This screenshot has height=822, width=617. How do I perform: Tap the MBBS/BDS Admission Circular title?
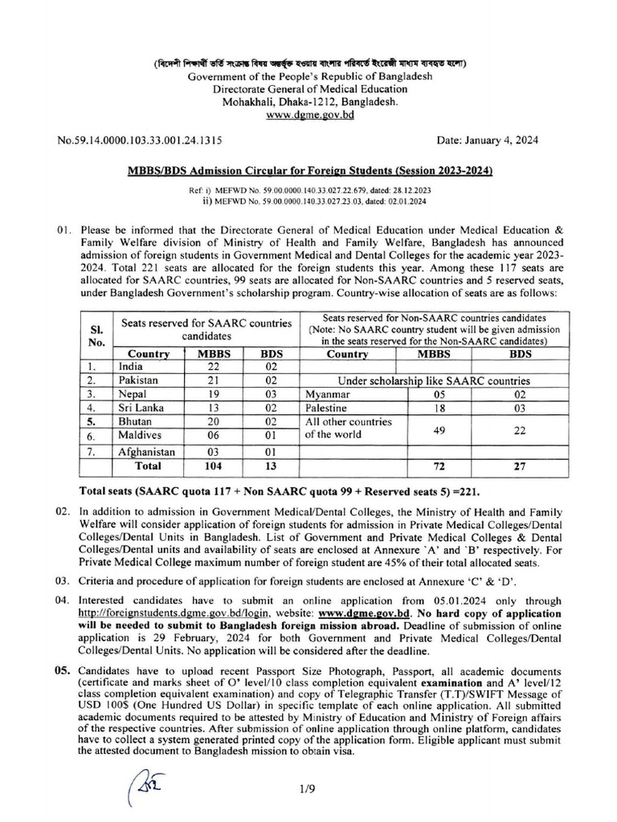pyautogui.click(x=309, y=172)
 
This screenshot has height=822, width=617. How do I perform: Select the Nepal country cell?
pyautogui.click(x=132, y=394)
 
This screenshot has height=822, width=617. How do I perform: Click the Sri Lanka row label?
pyautogui.click(x=137, y=408)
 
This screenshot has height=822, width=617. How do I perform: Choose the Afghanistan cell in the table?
pyautogui.click(x=146, y=452)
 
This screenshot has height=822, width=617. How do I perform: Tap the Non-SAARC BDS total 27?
pyautogui.click(x=520, y=466)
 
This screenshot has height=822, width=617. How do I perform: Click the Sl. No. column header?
pyautogui.click(x=95, y=330)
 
